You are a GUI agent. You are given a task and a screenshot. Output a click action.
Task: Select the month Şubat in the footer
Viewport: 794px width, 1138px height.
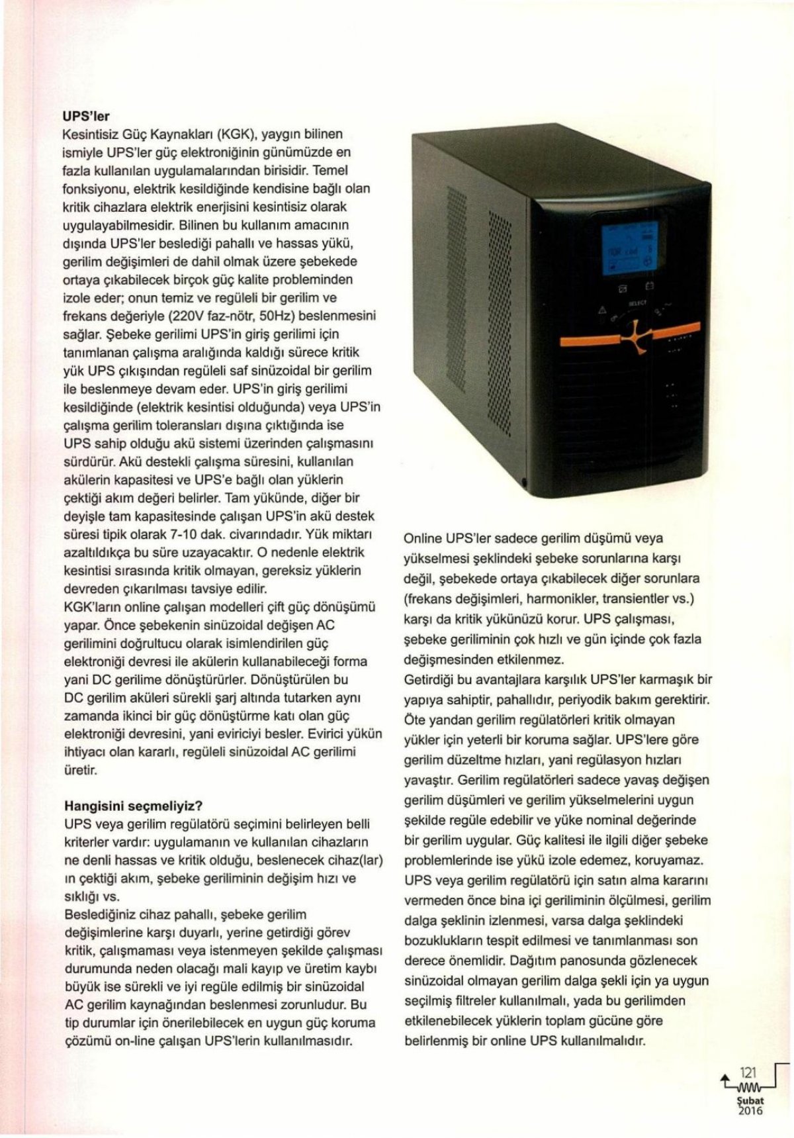748,1100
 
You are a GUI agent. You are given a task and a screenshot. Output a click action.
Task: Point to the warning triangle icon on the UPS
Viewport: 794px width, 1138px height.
602,310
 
